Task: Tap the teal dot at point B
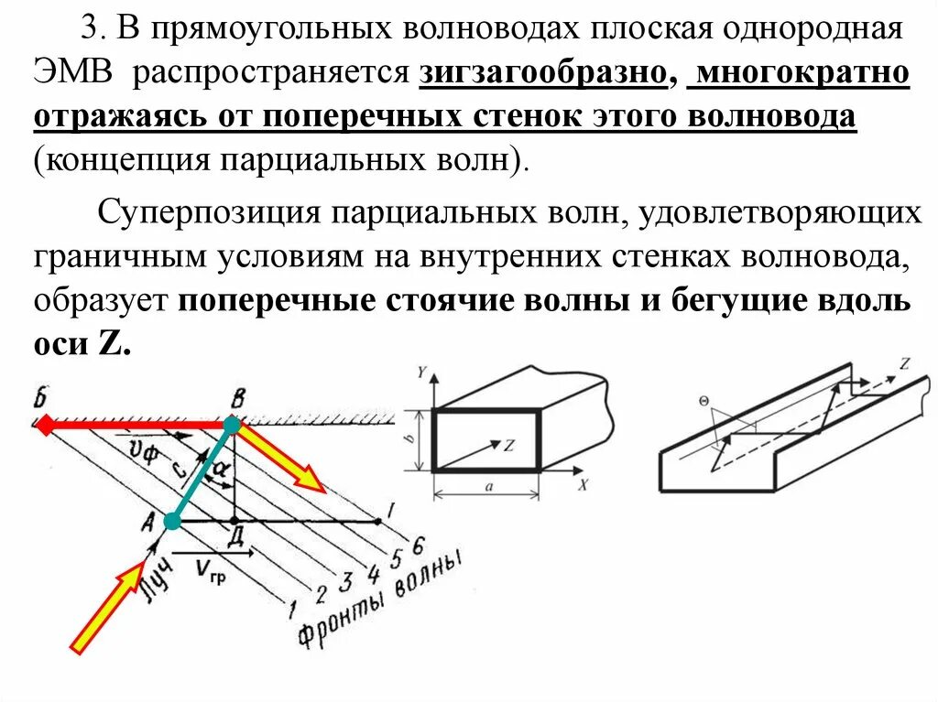click(x=233, y=424)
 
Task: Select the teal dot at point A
click(x=171, y=522)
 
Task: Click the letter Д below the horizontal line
click(x=235, y=539)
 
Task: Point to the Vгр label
click(x=212, y=569)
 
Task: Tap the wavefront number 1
click(x=292, y=607)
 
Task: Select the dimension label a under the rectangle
click(x=488, y=488)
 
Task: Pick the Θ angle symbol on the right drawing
click(x=703, y=400)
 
